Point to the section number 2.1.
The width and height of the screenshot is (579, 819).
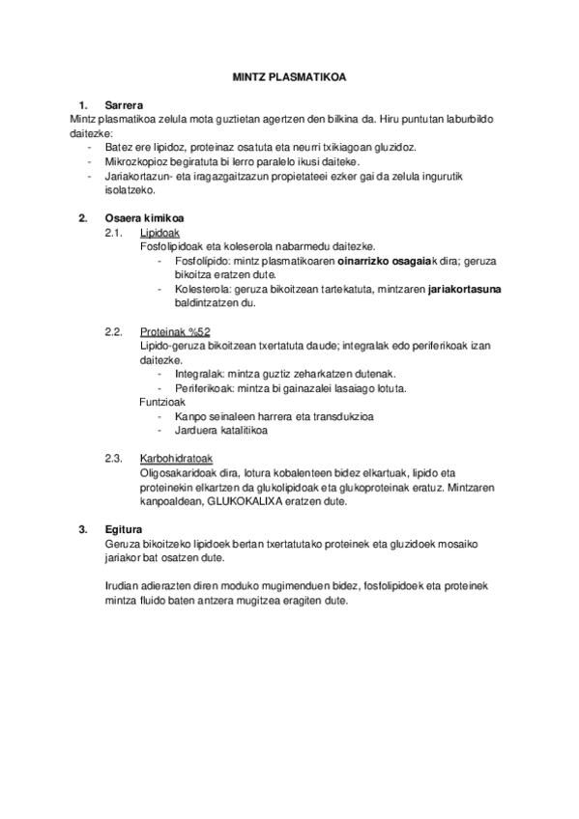tap(113, 233)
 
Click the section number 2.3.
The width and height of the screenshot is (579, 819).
tap(113, 458)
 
